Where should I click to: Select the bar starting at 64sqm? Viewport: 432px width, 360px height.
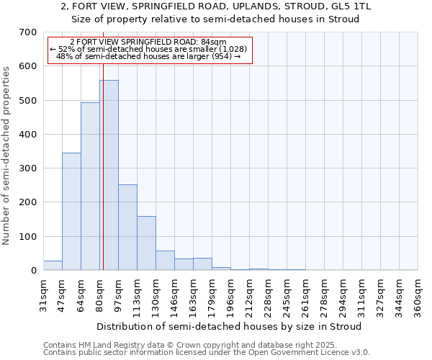tap(90, 186)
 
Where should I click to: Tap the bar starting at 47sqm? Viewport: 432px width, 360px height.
tap(71, 212)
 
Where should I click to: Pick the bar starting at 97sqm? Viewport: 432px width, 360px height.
tap(127, 228)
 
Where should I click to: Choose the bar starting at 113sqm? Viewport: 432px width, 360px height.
tap(146, 243)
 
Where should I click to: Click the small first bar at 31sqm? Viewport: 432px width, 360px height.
tap(53, 266)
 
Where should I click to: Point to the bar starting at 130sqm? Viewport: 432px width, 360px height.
tap(165, 261)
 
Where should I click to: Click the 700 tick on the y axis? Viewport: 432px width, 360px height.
tap(28, 32)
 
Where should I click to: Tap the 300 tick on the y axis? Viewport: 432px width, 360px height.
tap(28, 168)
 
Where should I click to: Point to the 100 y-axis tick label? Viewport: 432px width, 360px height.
tap(28, 237)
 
